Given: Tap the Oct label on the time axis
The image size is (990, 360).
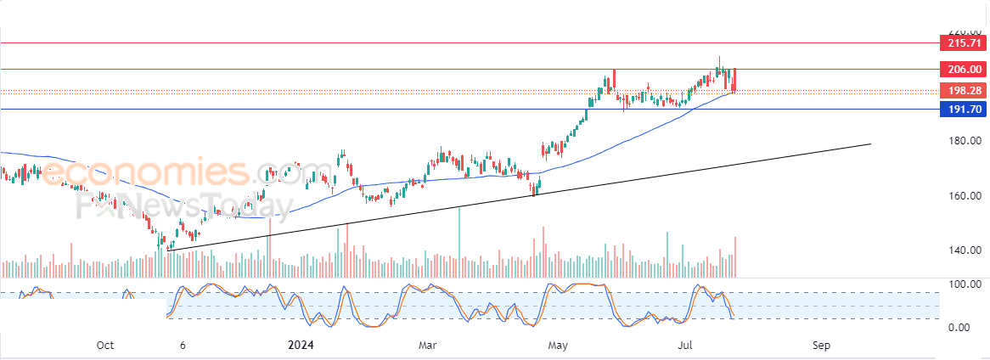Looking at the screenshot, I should click(105, 346).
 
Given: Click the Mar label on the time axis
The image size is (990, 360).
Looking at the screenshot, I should click(428, 346).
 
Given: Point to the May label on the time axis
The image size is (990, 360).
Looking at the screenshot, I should click(558, 346).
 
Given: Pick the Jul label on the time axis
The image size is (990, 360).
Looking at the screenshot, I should click(689, 346).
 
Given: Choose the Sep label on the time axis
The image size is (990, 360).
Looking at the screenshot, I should click(820, 346).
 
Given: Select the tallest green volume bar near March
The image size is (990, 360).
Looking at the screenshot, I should click(459, 242).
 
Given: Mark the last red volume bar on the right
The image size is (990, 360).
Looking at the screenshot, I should click(734, 256).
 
